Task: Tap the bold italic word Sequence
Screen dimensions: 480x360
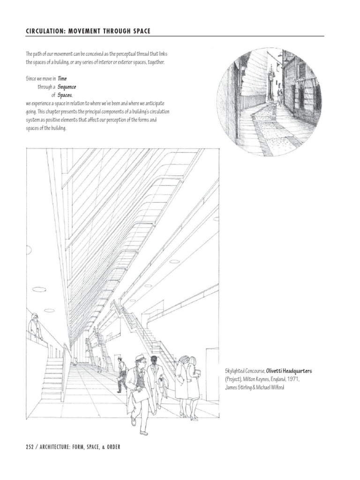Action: [x=67, y=87]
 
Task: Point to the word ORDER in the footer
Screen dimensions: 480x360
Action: [x=111, y=447]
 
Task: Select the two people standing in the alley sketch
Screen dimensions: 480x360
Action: [x=279, y=97]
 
